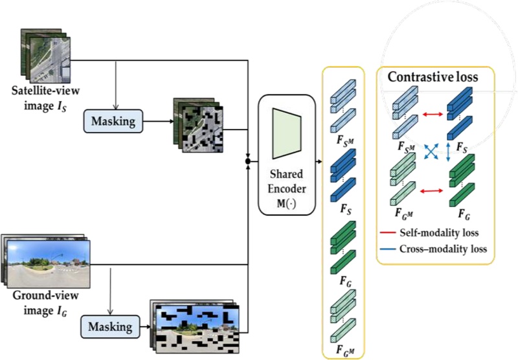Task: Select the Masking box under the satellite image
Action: pos(113,120)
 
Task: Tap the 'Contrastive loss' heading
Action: pos(433,77)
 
